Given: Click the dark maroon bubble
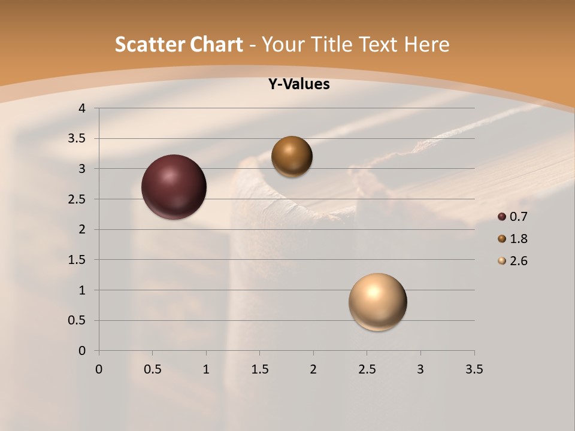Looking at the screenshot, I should coord(174,187).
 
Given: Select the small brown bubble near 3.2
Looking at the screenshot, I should coord(292,156).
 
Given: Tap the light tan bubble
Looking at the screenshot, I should coord(377,302).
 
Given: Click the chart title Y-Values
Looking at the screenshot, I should coord(299,84).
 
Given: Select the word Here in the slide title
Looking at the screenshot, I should coord(426,44).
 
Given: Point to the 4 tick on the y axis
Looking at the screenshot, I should coord(83,108).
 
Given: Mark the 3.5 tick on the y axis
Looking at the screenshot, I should coord(78,139).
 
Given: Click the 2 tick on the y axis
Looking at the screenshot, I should coord(83,229).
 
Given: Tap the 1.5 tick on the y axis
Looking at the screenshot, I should coord(78,260).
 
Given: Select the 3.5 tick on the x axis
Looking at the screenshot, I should coord(474,369).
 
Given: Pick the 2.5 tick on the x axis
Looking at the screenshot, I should coord(367,369).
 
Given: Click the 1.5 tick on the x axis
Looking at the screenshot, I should coord(259,369).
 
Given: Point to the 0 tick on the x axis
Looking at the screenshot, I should coord(99,369).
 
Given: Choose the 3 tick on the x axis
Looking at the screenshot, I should coord(420,369).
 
